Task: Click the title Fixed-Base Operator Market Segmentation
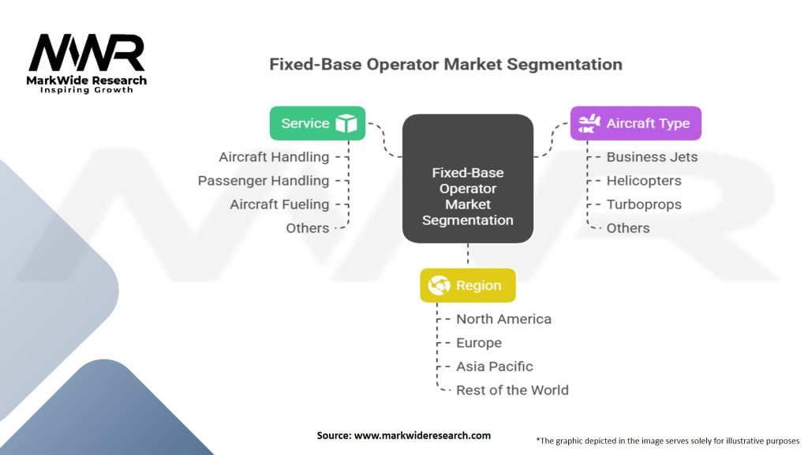click(x=445, y=64)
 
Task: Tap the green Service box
click(x=317, y=123)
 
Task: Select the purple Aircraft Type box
click(x=635, y=123)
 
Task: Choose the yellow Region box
click(x=467, y=285)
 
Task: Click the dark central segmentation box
click(x=468, y=179)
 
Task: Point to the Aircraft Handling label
click(x=274, y=157)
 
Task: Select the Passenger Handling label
click(x=264, y=181)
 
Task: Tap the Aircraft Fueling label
click(x=279, y=205)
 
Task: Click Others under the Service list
click(x=308, y=228)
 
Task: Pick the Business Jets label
click(x=652, y=157)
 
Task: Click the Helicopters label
click(x=644, y=181)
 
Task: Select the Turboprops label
click(x=644, y=205)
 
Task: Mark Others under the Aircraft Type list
click(x=628, y=228)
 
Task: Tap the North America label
click(x=503, y=319)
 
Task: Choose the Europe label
click(x=479, y=343)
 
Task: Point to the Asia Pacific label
click(x=495, y=367)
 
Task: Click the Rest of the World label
click(x=512, y=390)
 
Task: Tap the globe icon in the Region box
click(x=439, y=285)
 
